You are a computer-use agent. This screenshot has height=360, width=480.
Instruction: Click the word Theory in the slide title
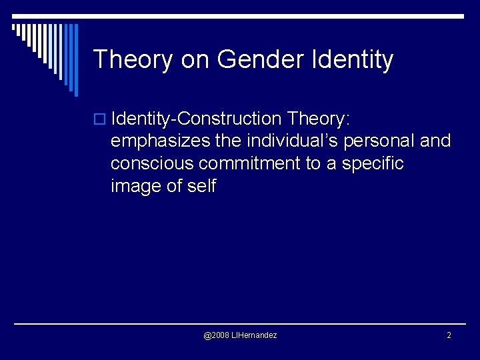pyautogui.click(x=133, y=59)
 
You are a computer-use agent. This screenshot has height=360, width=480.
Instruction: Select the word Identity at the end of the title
pyautogui.click(x=352, y=59)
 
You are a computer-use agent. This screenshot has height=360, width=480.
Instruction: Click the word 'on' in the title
pyautogui.click(x=195, y=59)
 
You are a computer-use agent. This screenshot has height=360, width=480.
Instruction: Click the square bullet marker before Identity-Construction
pyautogui.click(x=101, y=120)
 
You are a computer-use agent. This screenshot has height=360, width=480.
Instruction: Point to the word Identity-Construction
pyautogui.click(x=197, y=119)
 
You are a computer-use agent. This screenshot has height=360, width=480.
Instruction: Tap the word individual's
pyautogui.click(x=291, y=141)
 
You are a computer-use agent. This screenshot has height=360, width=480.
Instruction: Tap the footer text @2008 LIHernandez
pyautogui.click(x=240, y=335)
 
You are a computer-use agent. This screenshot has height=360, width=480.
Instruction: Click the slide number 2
pyautogui.click(x=449, y=335)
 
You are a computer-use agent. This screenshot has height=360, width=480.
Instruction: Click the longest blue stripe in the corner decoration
pyautogui.click(x=75, y=60)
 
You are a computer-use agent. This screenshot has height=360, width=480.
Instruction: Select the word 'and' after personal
pyautogui.click(x=435, y=141)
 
